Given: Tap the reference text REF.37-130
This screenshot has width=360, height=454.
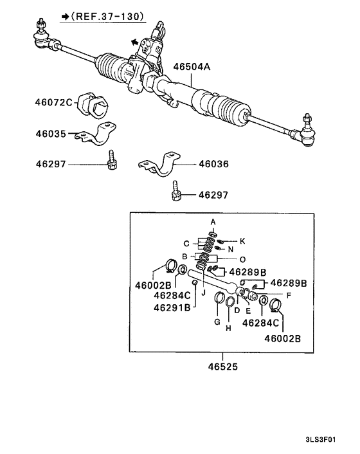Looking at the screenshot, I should click(107, 15).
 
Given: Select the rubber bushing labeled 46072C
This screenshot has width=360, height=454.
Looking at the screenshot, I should click(95, 106).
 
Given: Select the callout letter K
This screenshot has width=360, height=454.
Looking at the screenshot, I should click(242, 241).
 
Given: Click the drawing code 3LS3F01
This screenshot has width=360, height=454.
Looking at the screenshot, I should click(328, 442).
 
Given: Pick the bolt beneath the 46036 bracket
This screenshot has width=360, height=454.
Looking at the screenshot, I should click(175, 192).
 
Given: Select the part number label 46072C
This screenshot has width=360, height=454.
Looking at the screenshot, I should click(53, 101).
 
